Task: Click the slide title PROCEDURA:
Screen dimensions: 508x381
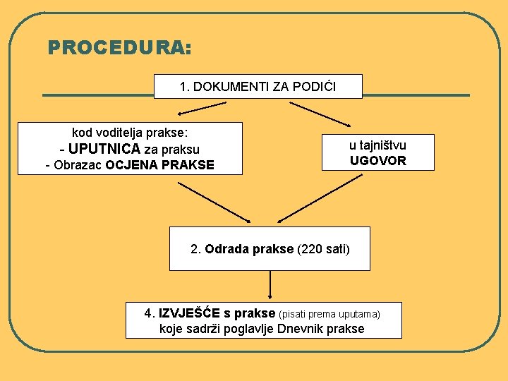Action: click(x=119, y=48)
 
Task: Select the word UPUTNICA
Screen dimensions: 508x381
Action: click(x=104, y=149)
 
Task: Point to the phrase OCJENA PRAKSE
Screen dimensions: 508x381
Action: click(x=159, y=166)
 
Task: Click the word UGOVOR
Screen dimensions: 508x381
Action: click(x=378, y=160)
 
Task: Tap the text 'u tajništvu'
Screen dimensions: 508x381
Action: click(x=377, y=145)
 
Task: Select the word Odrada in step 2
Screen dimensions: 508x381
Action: click(x=224, y=249)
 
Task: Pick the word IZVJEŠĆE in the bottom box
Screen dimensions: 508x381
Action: click(x=190, y=313)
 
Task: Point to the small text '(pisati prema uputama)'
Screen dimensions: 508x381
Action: click(x=330, y=313)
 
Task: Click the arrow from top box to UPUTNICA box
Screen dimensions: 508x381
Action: click(x=201, y=108)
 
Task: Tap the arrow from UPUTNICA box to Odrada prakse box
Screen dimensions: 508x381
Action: click(x=214, y=202)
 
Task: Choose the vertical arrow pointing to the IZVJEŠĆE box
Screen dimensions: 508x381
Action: click(x=270, y=285)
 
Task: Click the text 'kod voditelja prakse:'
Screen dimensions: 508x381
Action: click(x=129, y=132)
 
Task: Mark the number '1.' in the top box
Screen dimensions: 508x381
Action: click(x=185, y=87)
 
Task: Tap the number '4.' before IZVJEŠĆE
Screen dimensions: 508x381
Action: click(x=150, y=313)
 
